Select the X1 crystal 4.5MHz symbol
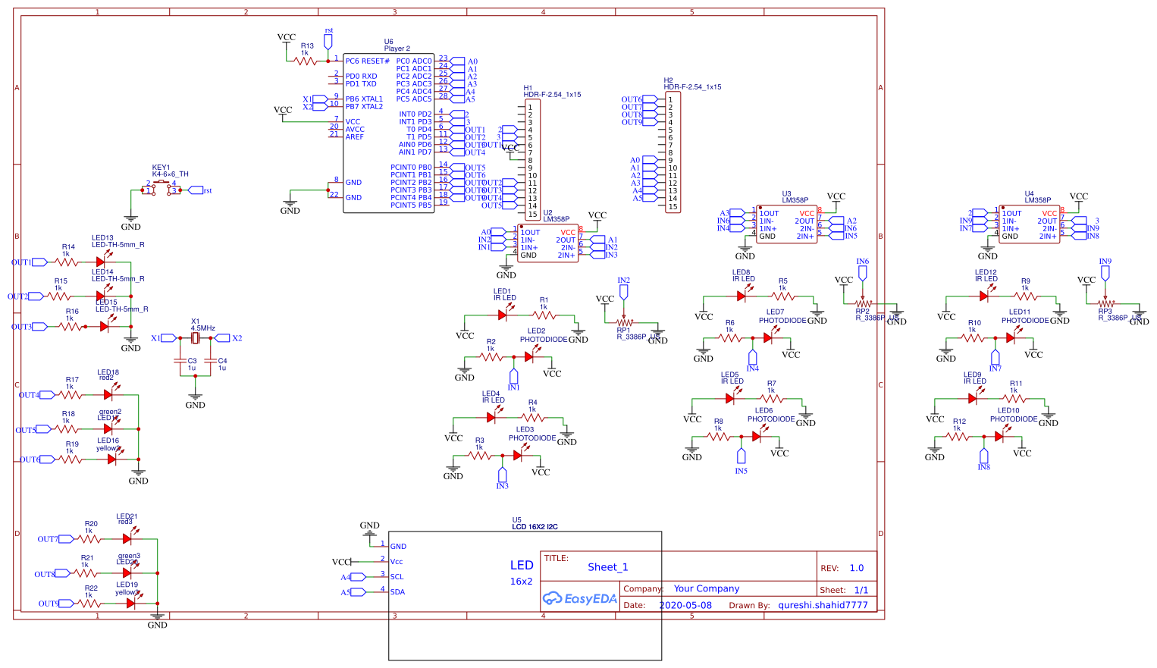(x=195, y=338)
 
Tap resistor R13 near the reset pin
(x=306, y=61)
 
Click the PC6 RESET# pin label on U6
(x=368, y=61)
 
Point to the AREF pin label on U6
(x=355, y=137)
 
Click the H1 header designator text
(x=528, y=88)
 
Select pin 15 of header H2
(x=672, y=206)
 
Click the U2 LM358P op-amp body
(x=547, y=244)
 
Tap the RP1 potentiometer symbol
(x=624, y=322)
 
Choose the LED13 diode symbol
(x=101, y=262)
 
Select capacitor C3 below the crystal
(x=180, y=361)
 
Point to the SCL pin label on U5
(x=397, y=577)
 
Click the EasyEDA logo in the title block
(x=580, y=598)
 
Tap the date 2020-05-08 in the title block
(x=685, y=605)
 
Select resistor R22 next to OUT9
(x=90, y=604)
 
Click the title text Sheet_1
(x=607, y=567)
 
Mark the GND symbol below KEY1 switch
(x=131, y=220)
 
